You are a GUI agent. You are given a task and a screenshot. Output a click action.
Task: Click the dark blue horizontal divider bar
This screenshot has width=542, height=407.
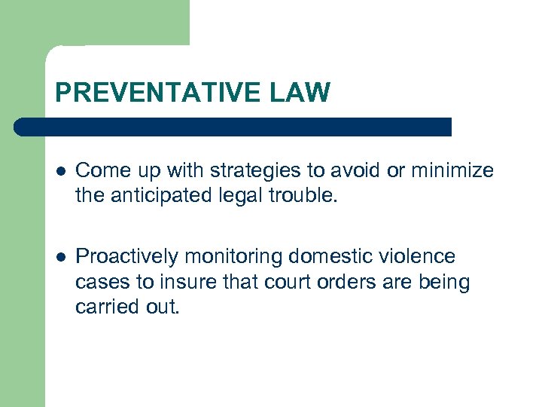233,127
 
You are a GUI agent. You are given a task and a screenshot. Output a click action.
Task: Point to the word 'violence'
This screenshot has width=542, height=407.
418,257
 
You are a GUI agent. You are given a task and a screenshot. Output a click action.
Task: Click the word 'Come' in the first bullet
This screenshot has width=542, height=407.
101,171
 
